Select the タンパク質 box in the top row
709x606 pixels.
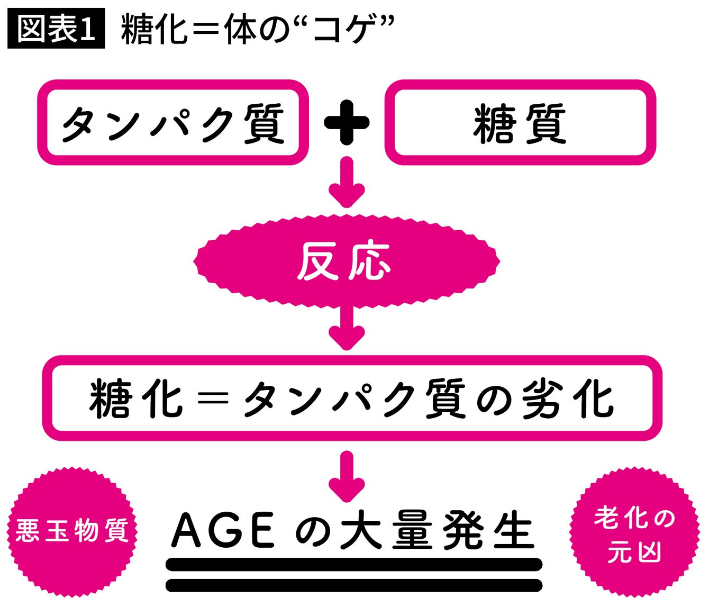tap(173, 123)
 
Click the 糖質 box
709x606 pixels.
tap(520, 123)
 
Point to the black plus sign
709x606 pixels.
tap(347, 123)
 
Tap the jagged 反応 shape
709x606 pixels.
tap(347, 261)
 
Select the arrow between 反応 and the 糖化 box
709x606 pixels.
tap(347, 327)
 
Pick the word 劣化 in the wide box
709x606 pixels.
tap(567, 399)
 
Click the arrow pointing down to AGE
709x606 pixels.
tap(347, 476)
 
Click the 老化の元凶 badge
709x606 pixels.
tap(634, 535)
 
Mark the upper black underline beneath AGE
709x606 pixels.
tap(354, 564)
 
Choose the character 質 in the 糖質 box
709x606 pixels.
tap(545, 124)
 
